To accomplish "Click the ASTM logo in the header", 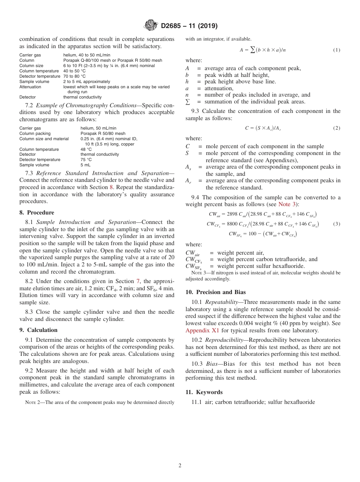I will point(152,26).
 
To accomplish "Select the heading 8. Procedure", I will point(37,213).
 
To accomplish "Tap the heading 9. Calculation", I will point(39,330).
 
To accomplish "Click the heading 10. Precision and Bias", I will point(216,292).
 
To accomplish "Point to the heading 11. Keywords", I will point(204,392).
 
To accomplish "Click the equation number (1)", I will point(337,50).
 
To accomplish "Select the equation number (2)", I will point(337,128).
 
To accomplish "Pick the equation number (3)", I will point(337,224).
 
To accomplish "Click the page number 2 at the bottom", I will point(180,466).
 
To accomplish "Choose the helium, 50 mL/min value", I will point(99,128).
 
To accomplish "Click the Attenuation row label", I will point(30,87).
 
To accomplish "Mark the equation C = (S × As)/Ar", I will point(263,128).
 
